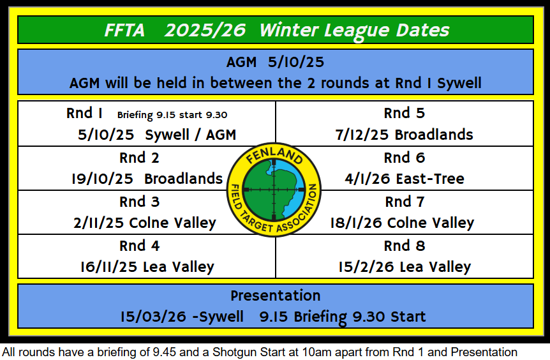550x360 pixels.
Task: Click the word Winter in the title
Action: coord(288,30)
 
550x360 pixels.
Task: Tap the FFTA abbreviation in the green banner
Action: coord(124,30)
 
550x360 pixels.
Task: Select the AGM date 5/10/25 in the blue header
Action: coord(296,62)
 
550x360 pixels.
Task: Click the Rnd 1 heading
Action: coord(84,114)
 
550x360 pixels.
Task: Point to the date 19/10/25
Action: coord(102,179)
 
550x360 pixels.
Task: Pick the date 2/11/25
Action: coord(98,223)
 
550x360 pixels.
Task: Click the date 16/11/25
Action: coord(108,267)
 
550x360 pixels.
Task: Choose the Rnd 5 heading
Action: coord(405,114)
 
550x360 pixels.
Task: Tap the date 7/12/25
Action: coord(362,135)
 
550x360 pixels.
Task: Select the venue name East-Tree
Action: coord(430,179)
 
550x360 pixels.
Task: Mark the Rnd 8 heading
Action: coord(405,246)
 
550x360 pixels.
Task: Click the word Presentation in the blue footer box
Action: coord(276,296)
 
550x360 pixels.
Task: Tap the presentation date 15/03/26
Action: coord(153,317)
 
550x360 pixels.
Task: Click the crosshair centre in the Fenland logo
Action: coord(274,190)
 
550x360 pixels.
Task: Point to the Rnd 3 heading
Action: coord(139,202)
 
